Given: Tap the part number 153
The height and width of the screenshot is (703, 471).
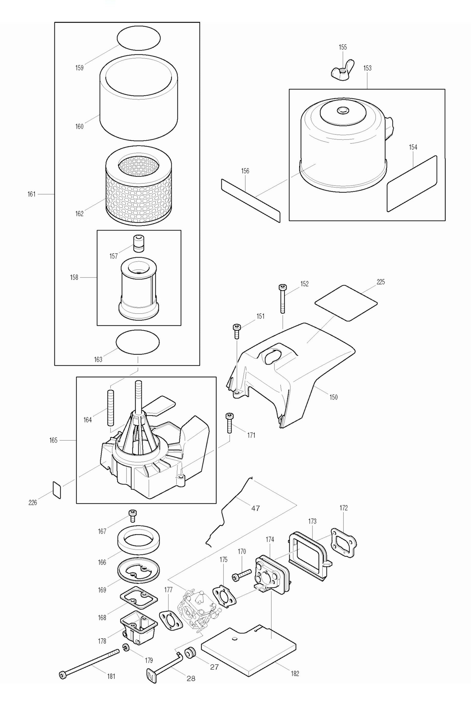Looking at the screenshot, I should coord(367,68).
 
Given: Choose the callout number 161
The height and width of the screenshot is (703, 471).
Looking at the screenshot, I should coord(32,194).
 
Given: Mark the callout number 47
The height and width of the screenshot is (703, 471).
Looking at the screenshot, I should coord(255,508).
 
